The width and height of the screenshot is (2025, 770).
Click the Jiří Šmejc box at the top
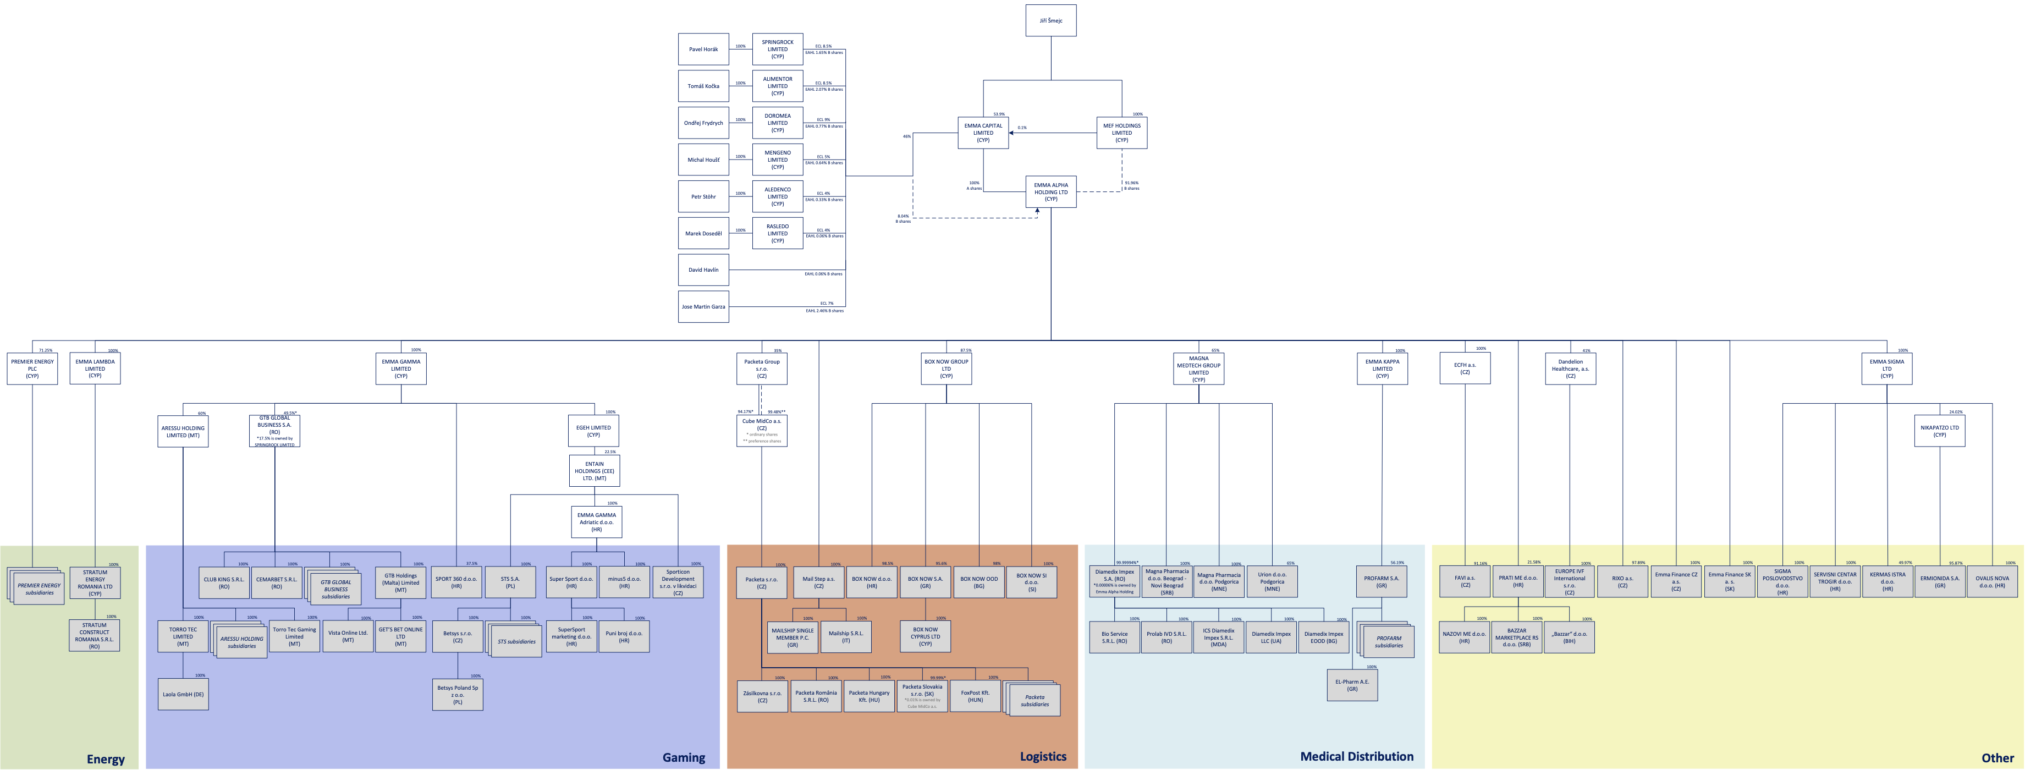point(1050,20)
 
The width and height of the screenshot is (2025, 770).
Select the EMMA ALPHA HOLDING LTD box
point(1050,192)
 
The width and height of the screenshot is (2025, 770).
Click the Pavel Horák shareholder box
point(703,49)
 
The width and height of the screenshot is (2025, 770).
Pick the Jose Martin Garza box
point(703,307)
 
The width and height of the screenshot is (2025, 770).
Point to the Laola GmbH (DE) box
point(183,695)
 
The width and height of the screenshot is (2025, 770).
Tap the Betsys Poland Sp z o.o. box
point(458,695)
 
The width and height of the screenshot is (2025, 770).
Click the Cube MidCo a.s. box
point(761,430)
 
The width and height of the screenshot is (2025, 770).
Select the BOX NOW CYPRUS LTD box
point(925,636)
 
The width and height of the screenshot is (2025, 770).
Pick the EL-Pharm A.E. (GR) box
point(1351,685)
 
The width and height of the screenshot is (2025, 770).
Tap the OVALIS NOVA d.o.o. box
point(1991,581)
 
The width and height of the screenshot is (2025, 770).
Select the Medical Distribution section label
point(1356,757)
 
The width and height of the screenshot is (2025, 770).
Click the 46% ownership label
point(906,136)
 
